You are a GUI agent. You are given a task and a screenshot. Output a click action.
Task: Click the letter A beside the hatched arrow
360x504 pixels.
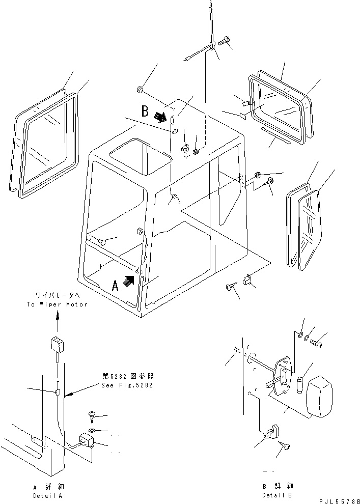point(116,286)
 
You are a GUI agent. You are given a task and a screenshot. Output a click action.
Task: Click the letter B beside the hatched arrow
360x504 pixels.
point(146,110)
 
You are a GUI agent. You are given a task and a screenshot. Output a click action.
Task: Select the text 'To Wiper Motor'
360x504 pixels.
point(57,304)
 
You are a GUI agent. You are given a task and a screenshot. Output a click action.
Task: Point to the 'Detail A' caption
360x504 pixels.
point(49,495)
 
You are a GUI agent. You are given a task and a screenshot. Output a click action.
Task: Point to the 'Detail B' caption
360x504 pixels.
point(278,495)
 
